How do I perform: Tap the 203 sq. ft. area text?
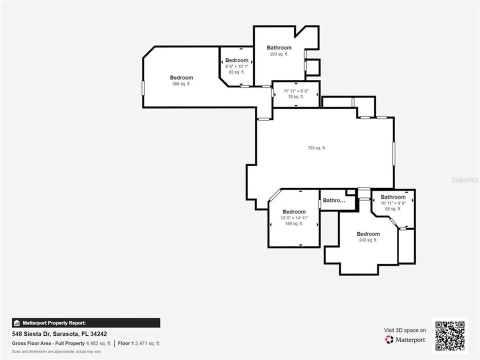(279, 54)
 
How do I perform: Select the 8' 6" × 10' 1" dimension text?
(236, 66)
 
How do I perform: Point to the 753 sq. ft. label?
(316, 148)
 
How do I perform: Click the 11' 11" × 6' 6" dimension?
(296, 91)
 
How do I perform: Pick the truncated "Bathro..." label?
(334, 200)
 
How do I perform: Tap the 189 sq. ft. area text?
(294, 224)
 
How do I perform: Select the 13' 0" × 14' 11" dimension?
(294, 218)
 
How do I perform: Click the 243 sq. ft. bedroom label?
(368, 240)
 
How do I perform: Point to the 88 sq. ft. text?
(393, 209)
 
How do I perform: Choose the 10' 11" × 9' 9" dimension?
(393, 203)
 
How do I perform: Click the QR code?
(450, 336)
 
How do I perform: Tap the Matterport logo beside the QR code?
(405, 339)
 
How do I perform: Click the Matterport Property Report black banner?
(86, 323)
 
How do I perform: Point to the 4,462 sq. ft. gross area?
(99, 343)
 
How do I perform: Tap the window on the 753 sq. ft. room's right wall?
(393, 153)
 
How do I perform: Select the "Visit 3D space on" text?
(405, 330)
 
